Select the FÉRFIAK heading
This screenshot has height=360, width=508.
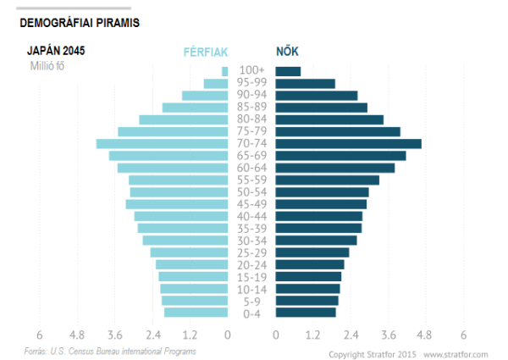tap(206, 53)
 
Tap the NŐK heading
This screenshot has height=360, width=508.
tap(287, 53)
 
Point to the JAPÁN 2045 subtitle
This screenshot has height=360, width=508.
tap(56, 51)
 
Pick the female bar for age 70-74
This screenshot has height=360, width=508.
tap(348, 144)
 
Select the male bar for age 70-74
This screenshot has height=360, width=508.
tap(162, 144)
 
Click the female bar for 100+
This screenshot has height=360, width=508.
tap(288, 71)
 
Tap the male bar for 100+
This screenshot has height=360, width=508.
tap(224, 71)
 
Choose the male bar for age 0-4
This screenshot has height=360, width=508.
tap(196, 313)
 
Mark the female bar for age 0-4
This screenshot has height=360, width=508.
tap(306, 313)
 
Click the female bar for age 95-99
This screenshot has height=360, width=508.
tap(305, 83)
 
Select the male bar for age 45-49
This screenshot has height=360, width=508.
tap(177, 204)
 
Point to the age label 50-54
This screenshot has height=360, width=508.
tap(251, 192)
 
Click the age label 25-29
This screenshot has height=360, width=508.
tap(251, 253)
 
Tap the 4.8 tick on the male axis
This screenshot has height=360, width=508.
tap(77, 335)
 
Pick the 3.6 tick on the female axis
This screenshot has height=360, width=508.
tap(389, 335)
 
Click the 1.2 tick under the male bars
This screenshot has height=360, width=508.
tap(190, 335)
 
